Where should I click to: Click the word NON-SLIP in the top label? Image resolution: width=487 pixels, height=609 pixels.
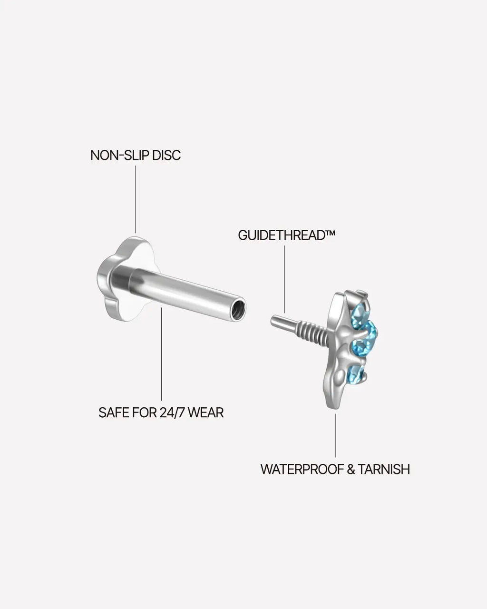[x=120, y=156]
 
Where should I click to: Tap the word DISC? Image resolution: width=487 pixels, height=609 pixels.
[x=166, y=156]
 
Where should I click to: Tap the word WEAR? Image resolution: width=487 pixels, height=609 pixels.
[x=206, y=413]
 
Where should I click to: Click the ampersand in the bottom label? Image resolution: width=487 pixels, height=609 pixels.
[x=351, y=469]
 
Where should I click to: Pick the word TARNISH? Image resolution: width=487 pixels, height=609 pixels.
[x=384, y=469]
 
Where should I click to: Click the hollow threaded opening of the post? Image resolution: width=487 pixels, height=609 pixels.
[x=239, y=309]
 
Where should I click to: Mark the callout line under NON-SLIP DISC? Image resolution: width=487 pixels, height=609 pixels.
[x=136, y=199]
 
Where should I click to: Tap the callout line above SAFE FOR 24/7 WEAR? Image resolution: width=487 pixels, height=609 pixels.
[x=162, y=354]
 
